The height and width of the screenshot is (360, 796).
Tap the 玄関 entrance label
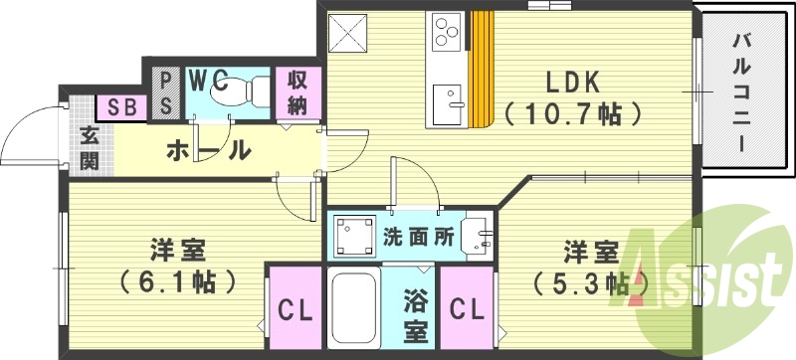[89, 148]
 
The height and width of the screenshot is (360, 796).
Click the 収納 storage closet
[298, 90]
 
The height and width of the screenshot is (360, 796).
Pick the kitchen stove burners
[445, 31]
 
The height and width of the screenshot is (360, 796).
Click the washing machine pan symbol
[354, 236]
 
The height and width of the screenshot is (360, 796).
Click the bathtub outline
[352, 312]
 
